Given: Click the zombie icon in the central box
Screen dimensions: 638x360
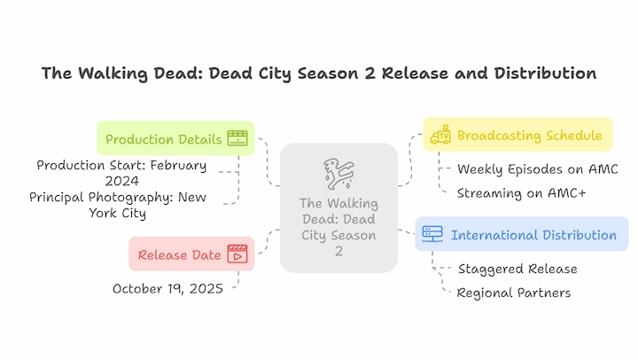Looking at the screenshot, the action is click(x=338, y=174).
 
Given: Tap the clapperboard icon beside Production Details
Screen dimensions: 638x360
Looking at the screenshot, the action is click(x=237, y=138).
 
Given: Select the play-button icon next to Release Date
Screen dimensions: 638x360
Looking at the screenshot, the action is click(x=237, y=254).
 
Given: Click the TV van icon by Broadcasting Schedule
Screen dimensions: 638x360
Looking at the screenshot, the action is click(x=440, y=135).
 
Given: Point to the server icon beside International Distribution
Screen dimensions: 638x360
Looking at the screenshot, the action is click(x=432, y=234).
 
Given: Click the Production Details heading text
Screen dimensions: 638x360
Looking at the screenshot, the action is click(x=164, y=139).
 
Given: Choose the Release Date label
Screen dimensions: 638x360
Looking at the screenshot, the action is click(x=179, y=255).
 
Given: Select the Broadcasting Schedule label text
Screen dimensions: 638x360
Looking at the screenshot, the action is click(x=529, y=135).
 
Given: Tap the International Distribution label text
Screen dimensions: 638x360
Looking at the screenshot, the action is click(x=533, y=235).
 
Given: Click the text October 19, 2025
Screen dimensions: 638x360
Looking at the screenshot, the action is click(x=167, y=289).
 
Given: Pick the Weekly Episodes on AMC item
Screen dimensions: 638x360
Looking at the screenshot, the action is click(x=538, y=169).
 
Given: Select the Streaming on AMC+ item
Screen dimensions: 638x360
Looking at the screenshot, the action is click(x=521, y=193).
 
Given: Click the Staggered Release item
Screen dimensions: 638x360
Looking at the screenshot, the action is click(x=517, y=269).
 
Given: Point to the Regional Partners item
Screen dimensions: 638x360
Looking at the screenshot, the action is click(x=513, y=293).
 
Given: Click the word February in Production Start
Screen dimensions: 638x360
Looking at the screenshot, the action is click(x=178, y=166).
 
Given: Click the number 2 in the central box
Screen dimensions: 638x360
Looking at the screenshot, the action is click(x=338, y=251).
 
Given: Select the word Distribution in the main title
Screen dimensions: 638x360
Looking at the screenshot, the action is click(x=545, y=74).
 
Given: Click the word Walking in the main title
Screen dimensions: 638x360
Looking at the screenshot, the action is click(x=113, y=74).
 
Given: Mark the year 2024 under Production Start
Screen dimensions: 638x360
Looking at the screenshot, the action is click(x=122, y=181).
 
